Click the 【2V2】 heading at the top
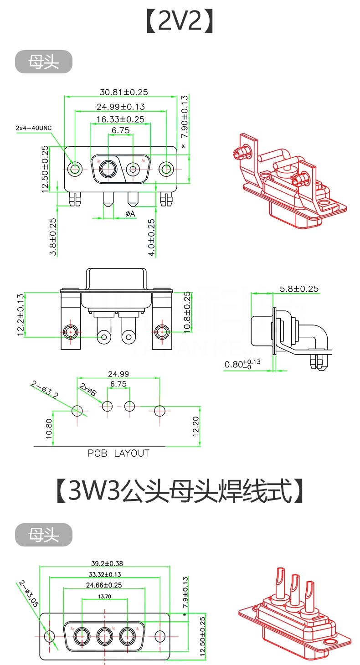tap(180, 21)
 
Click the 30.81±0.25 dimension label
tap(123, 92)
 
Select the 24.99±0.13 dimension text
tap(121, 107)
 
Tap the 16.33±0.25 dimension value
tap(120, 119)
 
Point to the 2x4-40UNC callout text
tap(34, 128)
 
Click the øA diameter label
tap(130, 213)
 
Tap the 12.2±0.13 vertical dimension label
tap(21, 315)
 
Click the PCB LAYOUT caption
tap(118, 453)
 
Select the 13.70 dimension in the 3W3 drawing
tap(104, 596)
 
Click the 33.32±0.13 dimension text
tap(104, 574)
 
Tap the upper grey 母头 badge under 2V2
tap(44, 62)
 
